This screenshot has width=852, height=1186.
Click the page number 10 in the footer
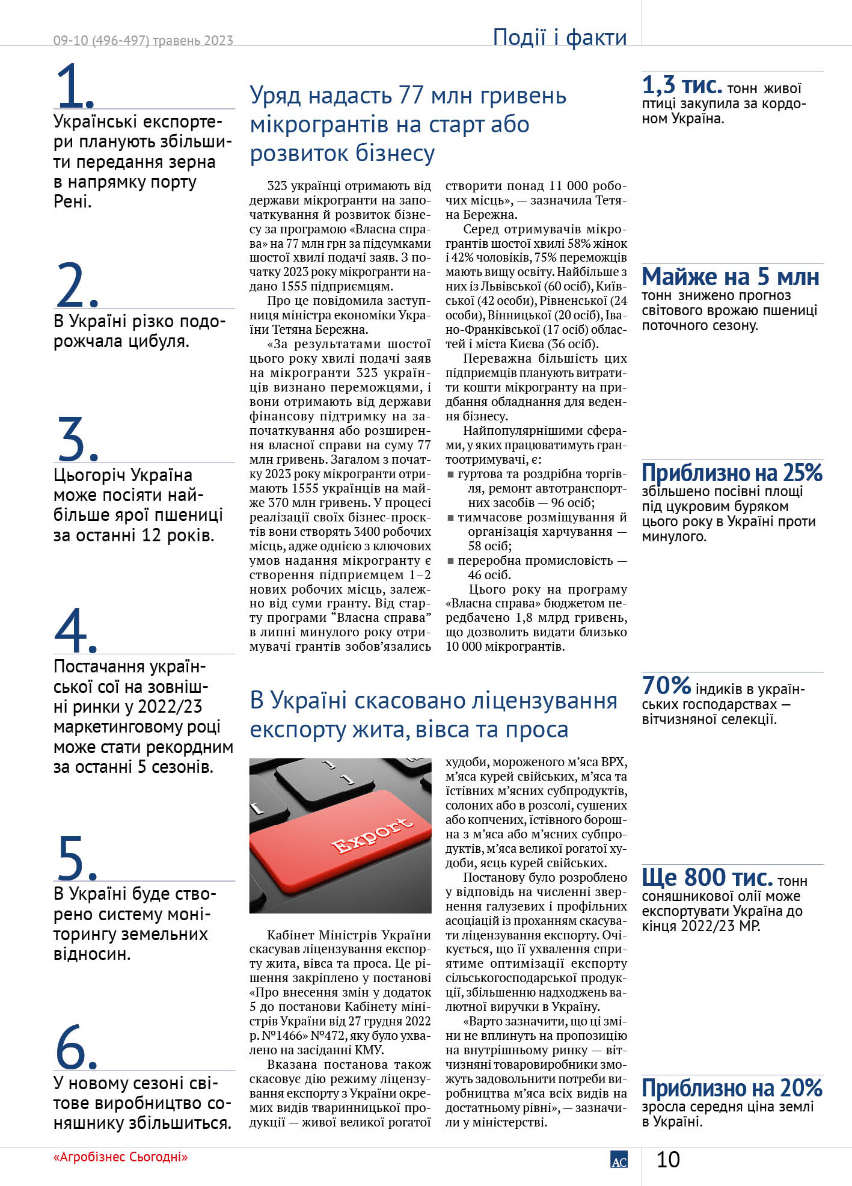[668, 1159]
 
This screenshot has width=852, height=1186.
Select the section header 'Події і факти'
[559, 37]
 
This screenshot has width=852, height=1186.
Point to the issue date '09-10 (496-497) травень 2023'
[143, 40]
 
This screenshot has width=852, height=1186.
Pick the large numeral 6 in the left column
[73, 1046]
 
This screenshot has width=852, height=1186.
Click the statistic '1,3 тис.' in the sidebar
[682, 85]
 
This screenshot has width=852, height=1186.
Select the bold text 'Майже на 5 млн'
[731, 277]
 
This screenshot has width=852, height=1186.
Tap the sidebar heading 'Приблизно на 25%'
[732, 473]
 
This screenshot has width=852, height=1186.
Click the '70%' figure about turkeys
[666, 685]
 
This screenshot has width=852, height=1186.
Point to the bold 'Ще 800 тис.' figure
[707, 877]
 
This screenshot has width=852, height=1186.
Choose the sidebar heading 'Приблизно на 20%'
[732, 1088]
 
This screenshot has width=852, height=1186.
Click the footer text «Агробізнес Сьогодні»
[120, 1157]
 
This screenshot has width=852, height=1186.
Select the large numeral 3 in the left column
[73, 439]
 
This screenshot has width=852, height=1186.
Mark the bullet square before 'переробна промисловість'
[450, 561]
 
